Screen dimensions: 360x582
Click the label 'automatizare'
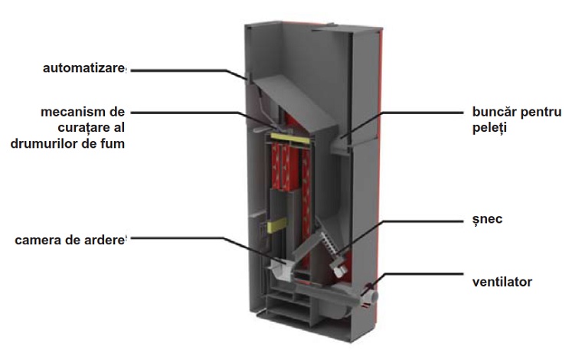coord(83,69)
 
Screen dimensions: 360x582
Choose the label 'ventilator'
coord(502,282)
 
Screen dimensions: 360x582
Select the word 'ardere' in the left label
coord(105,241)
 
